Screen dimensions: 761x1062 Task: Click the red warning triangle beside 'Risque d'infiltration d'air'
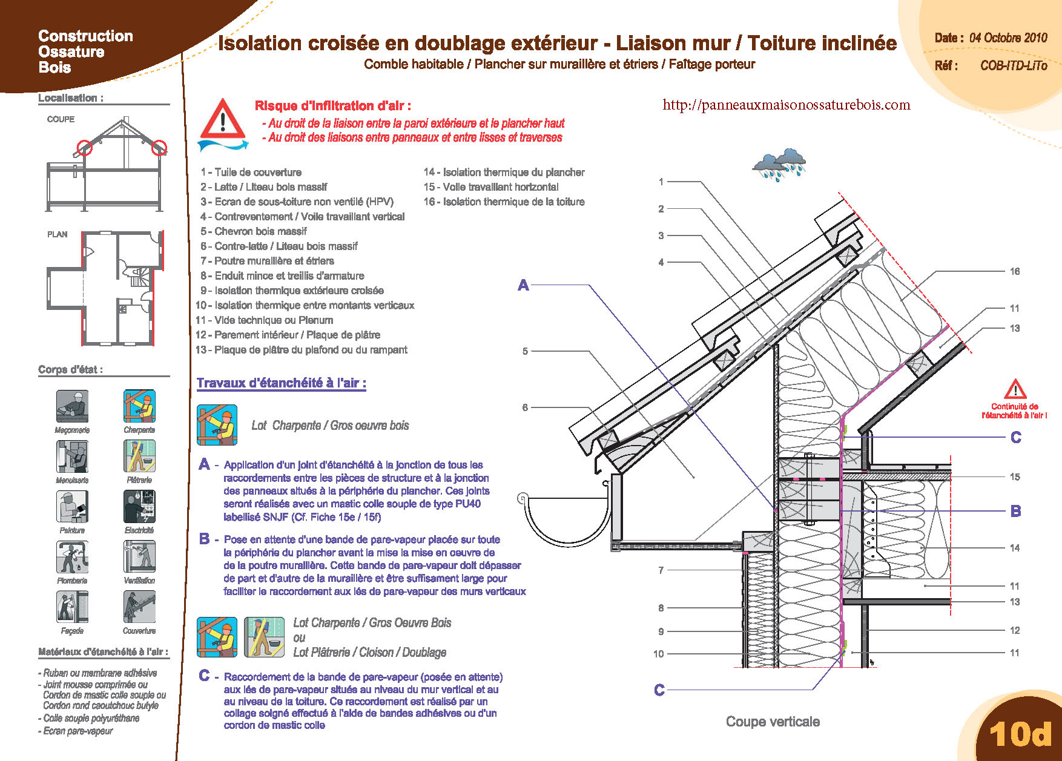pyautogui.click(x=222, y=119)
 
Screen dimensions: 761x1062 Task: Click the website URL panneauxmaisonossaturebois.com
pyautogui.click(x=786, y=105)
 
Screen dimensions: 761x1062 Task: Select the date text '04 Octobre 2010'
pyautogui.click(x=1008, y=38)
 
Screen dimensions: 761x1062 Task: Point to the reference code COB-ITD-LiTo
pyautogui.click(x=1013, y=65)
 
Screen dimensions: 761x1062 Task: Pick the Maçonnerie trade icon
pyautogui.click(x=72, y=406)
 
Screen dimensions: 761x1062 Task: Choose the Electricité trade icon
pyautogui.click(x=139, y=506)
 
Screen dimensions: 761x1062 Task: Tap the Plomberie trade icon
pyautogui.click(x=72, y=556)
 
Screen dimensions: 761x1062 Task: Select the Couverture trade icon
pyautogui.click(x=139, y=607)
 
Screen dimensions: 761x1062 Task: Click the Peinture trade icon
pyautogui.click(x=72, y=506)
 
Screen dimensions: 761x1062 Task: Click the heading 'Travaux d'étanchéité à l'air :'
pyautogui.click(x=281, y=383)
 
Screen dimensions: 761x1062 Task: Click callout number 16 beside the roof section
pyautogui.click(x=1015, y=271)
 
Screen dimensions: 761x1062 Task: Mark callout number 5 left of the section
pyautogui.click(x=525, y=351)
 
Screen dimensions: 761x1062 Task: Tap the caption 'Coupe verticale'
pyautogui.click(x=773, y=722)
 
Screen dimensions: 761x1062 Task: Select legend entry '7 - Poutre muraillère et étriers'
pyautogui.click(x=268, y=261)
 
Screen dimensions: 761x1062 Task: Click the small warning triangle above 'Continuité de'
pyautogui.click(x=1015, y=389)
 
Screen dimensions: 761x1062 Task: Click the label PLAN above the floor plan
pyautogui.click(x=58, y=234)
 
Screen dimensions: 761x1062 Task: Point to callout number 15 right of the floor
pyautogui.click(x=1015, y=476)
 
